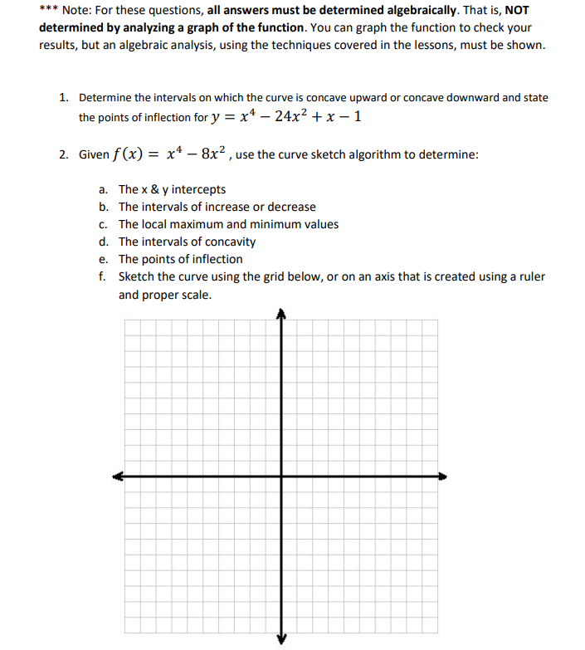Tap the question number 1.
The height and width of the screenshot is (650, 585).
pyautogui.click(x=63, y=97)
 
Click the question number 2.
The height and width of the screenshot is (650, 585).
pyautogui.click(x=63, y=155)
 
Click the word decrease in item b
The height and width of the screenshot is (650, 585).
pyautogui.click(x=291, y=207)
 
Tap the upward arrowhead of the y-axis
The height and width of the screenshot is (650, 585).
pyautogui.click(x=281, y=314)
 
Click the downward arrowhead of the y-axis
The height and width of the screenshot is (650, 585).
pyautogui.click(x=281, y=639)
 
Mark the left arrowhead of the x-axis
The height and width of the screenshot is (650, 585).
pyautogui.click(x=119, y=477)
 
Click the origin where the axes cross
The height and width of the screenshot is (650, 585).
pyautogui.click(x=281, y=477)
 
